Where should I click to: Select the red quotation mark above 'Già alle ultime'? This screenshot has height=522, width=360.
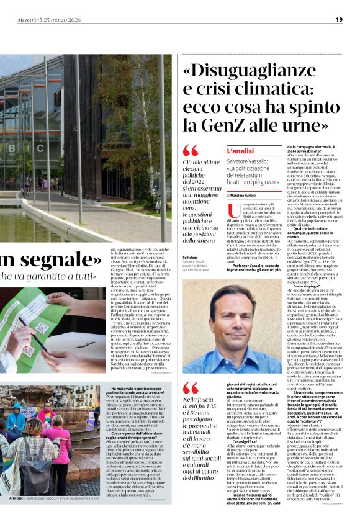tap(190, 150)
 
